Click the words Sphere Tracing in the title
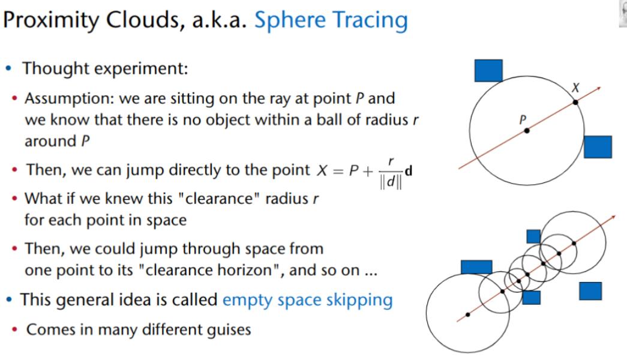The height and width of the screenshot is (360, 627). (331, 20)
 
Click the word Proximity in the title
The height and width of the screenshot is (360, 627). (51, 20)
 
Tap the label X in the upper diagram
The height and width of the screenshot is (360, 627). (575, 88)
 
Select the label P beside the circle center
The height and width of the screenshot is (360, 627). (523, 119)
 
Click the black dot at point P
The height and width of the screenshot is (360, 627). (527, 131)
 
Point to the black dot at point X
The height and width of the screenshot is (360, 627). (575, 103)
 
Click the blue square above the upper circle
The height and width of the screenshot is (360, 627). (488, 71)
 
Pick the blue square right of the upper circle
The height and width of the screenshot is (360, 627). (598, 147)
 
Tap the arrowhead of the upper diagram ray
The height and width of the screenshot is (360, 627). (598, 89)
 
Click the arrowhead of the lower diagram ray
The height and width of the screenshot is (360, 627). (613, 217)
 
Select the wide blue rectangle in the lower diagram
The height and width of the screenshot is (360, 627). (476, 267)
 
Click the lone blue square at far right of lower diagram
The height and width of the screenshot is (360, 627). (590, 291)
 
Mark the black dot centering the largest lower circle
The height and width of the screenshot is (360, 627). (468, 315)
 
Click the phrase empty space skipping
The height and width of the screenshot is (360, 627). (308, 300)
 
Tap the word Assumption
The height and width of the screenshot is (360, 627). (69, 98)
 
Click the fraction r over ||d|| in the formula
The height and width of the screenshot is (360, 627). (391, 173)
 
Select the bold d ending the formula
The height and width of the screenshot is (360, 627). (408, 171)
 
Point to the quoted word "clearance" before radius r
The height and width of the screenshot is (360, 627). (218, 199)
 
